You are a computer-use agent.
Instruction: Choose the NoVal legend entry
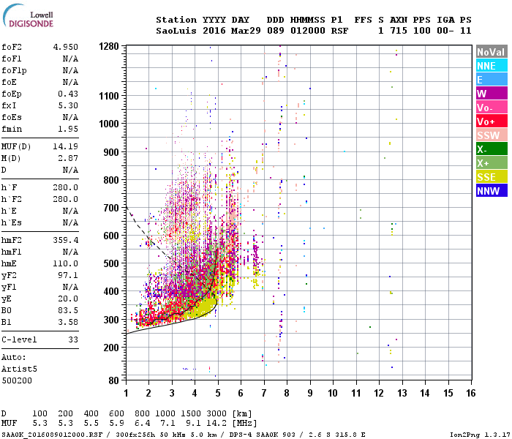pos(491,52)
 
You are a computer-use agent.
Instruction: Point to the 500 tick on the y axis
pos(110,263)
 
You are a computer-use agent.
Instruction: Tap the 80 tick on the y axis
pos(113,380)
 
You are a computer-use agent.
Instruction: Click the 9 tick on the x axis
pos(310,393)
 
